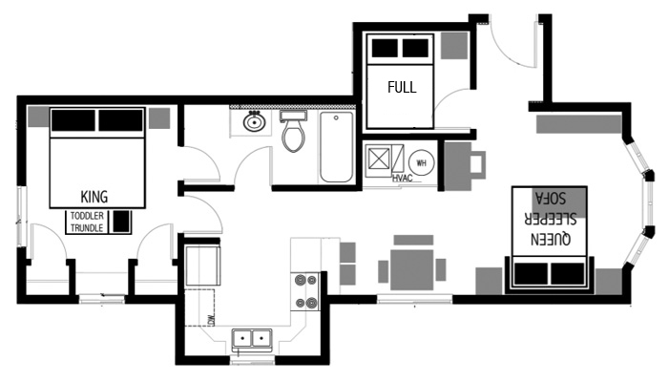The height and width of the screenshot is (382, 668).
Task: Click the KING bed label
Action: (94, 196)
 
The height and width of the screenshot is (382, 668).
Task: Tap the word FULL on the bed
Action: (402, 87)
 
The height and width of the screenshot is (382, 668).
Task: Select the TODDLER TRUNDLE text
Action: (87, 222)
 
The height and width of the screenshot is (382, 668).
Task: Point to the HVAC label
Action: (402, 179)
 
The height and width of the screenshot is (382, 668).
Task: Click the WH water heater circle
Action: (421, 161)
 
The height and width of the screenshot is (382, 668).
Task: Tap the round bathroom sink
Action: (255, 122)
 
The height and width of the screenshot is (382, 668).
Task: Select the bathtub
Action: (336, 147)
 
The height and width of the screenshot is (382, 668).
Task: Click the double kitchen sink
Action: (252, 337)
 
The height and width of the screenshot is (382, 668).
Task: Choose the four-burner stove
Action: (306, 292)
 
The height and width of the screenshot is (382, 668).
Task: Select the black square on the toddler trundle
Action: (121, 221)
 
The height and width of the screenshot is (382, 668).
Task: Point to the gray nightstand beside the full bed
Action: (454, 46)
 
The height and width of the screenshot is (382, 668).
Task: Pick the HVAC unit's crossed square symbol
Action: (379, 159)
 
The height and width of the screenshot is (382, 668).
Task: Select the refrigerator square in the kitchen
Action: (203, 265)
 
